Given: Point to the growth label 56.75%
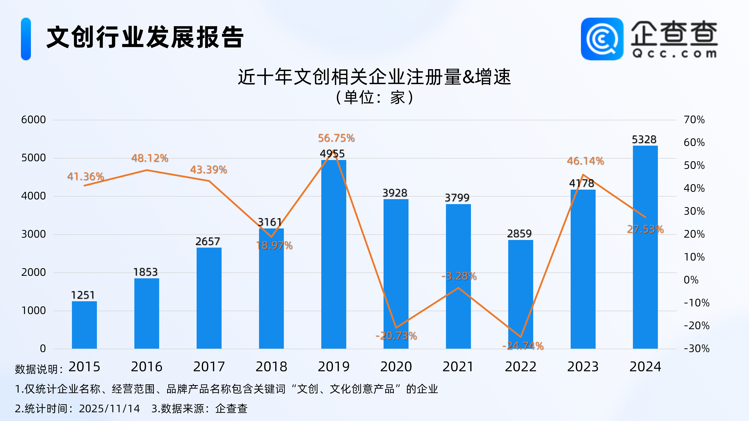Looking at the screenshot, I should pyautogui.click(x=336, y=138).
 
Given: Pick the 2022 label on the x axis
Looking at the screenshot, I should pyautogui.click(x=520, y=367).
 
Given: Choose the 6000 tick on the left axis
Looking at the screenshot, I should pyautogui.click(x=33, y=120).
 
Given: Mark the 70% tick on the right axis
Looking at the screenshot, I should pyautogui.click(x=694, y=120).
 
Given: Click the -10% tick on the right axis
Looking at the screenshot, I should pyautogui.click(x=696, y=303).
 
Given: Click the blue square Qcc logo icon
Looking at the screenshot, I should pyautogui.click(x=602, y=39).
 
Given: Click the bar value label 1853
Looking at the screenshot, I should pyautogui.click(x=145, y=272).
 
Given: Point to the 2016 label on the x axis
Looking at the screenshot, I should pyautogui.click(x=147, y=367).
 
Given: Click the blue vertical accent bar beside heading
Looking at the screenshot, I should pyautogui.click(x=26, y=39).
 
